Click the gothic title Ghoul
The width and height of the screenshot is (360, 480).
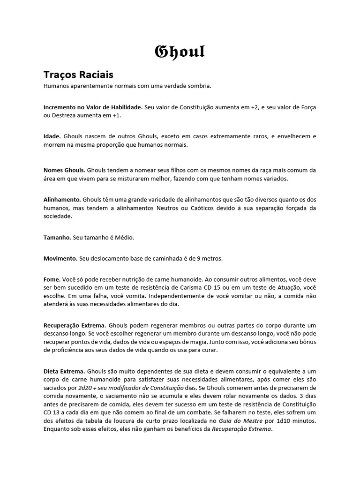point(180,51)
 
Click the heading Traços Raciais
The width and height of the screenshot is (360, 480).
point(78,75)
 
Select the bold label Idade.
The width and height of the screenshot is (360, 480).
point(52,136)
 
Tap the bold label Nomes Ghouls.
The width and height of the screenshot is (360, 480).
point(64,170)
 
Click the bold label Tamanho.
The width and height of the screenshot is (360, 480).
point(57,238)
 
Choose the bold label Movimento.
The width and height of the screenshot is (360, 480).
point(60,258)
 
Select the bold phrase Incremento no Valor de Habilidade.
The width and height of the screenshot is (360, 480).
point(93,107)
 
